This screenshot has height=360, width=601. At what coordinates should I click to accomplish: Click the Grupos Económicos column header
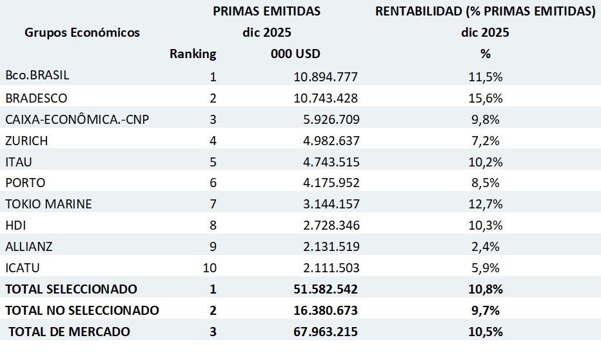coord(82,33)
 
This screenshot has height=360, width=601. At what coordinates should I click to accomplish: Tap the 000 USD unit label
coord(295,54)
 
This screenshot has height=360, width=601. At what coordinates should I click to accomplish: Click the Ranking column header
coord(193,54)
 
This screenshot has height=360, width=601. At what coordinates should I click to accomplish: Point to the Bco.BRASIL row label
coord(37,75)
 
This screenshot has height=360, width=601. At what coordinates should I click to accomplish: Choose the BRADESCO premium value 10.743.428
coord(326,98)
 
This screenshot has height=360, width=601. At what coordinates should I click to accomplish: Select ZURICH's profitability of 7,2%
coord(485,141)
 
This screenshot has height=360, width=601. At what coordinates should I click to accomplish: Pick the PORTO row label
coord(25,183)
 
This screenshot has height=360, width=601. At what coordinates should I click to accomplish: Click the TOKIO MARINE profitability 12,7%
coord(485,205)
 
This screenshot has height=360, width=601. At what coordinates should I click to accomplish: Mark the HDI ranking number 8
coord(213,225)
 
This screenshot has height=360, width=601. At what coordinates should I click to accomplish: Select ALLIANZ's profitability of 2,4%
coord(485,246)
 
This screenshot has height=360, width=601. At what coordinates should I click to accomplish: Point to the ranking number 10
coord(210,268)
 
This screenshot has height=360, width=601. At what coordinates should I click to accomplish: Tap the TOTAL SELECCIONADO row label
coord(71,289)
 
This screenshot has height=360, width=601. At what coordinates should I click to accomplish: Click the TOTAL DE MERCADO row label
coord(69,332)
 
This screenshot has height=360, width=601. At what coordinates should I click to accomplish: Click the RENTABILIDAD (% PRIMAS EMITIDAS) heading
coord(485,11)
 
